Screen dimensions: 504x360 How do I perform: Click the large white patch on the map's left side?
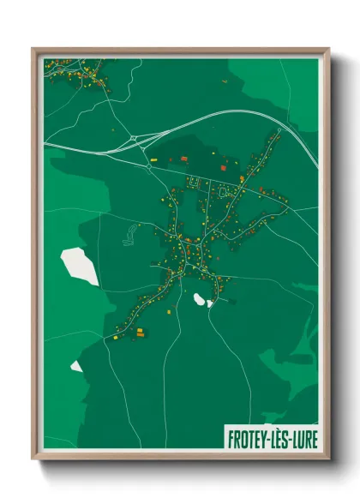[x=79, y=266]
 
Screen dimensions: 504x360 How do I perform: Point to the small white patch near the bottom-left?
[x=76, y=366]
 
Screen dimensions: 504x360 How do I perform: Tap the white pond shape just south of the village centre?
[x=201, y=299]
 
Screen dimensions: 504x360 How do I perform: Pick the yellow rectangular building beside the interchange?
[x=155, y=159]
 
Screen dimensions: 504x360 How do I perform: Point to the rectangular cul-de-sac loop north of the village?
[x=193, y=183]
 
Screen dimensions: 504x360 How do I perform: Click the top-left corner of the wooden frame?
[x=33, y=49]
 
